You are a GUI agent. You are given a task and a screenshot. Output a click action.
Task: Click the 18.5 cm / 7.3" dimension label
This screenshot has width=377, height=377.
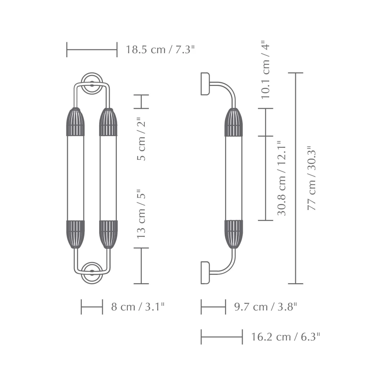160,49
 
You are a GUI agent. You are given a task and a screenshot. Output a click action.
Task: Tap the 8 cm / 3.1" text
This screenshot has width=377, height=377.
138,307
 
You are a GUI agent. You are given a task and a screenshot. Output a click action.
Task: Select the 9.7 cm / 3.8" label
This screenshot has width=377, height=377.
265,307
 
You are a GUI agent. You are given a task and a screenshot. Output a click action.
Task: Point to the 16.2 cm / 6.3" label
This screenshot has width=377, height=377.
285,337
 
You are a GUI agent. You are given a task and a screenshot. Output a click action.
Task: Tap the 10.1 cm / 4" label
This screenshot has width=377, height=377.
266,70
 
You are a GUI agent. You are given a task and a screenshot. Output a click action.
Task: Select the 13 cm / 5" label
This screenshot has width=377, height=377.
141,213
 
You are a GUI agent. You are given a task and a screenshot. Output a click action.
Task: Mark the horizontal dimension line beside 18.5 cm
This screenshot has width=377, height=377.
92,49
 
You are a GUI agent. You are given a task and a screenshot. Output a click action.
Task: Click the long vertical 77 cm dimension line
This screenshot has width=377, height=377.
296,178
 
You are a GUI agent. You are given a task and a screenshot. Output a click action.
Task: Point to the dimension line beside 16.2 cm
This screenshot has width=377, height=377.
222,337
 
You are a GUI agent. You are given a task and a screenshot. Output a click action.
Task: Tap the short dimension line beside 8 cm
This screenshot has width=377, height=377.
92,307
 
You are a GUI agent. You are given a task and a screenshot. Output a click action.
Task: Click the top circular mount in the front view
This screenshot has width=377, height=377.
92,83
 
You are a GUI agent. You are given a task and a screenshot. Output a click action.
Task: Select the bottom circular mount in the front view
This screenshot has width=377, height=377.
92,273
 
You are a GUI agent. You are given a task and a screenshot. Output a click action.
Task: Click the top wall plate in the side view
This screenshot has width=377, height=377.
205,84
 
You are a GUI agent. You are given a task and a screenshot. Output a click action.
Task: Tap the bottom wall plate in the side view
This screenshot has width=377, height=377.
205,273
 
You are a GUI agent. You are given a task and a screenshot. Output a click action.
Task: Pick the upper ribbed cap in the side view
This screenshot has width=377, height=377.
233,122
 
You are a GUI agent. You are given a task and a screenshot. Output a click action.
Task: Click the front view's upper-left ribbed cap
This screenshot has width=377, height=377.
75,122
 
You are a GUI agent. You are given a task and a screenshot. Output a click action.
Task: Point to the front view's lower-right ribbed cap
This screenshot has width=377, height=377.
108,234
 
